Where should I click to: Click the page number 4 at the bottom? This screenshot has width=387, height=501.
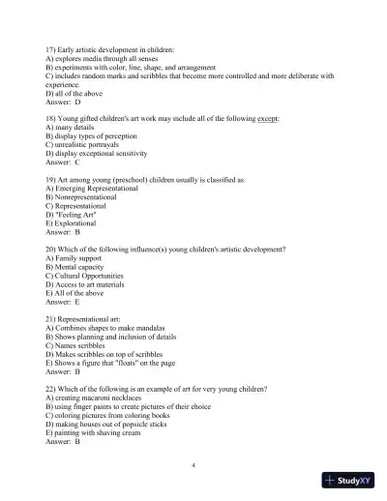[x=193, y=465]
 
